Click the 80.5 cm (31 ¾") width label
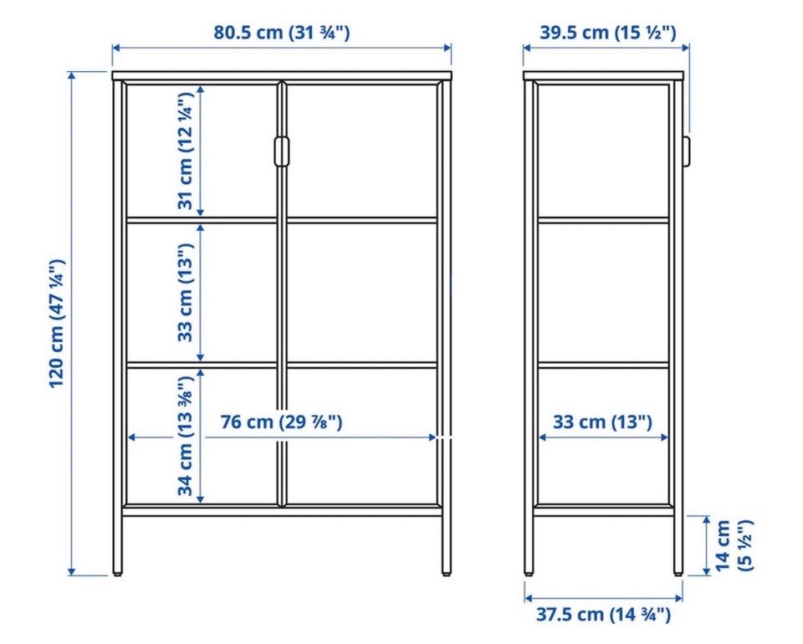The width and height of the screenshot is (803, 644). (282, 33)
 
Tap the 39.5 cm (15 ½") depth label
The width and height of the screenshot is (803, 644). (608, 33)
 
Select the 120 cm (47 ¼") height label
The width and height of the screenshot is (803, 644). (57, 324)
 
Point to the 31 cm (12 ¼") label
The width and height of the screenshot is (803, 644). (186, 151)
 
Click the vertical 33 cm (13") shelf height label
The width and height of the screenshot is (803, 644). (186, 292)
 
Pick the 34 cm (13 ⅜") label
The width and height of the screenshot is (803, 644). (186, 435)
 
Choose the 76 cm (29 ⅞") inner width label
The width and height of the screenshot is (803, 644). (281, 422)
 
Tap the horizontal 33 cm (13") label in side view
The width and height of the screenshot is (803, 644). (603, 422)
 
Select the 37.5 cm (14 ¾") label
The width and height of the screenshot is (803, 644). (603, 613)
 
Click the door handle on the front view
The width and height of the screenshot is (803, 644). (282, 151)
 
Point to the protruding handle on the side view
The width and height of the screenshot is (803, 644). (686, 151)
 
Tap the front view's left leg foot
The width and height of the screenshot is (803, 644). (118, 574)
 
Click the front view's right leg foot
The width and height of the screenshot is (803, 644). (447, 574)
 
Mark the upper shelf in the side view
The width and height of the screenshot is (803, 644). (603, 220)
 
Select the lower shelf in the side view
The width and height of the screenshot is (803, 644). (603, 365)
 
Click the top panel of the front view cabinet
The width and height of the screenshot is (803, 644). (282, 76)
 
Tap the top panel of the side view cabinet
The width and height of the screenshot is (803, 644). (604, 76)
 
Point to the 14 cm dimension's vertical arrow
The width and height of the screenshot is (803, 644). (706, 545)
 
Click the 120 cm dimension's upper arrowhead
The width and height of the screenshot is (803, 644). (72, 76)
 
